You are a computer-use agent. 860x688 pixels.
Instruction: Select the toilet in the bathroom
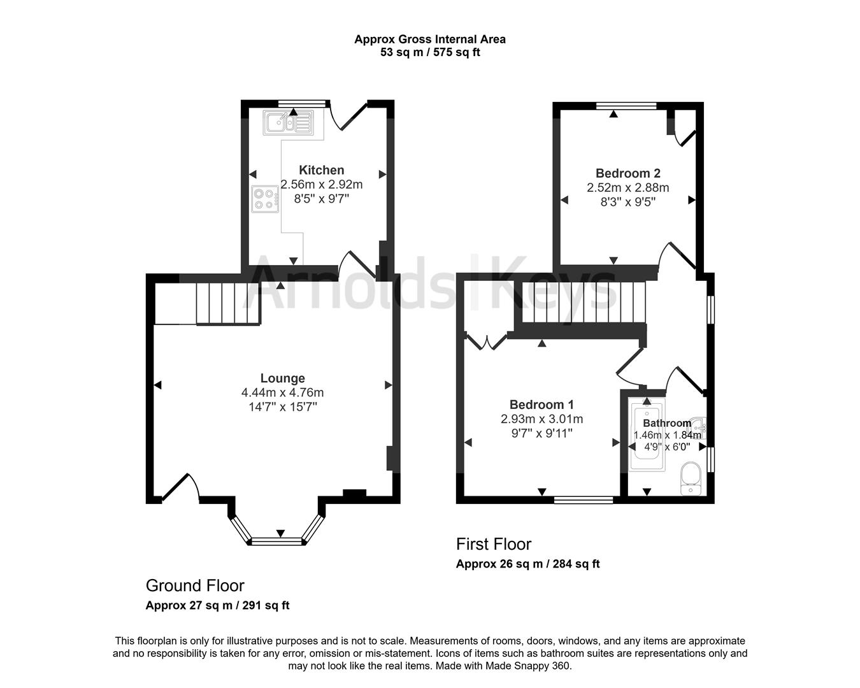point(691,479)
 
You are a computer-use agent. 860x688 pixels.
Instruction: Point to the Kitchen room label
point(322,170)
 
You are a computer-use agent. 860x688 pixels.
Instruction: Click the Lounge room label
point(282,378)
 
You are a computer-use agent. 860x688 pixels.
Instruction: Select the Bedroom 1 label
point(541,405)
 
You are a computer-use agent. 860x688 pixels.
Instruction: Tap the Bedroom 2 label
point(627,173)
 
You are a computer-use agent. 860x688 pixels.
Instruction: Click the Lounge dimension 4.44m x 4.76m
point(282,392)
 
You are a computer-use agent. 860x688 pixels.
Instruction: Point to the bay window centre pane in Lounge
point(278,541)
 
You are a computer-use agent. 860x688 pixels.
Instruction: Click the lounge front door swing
point(181,487)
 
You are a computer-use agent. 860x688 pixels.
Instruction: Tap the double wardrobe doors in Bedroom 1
point(485,341)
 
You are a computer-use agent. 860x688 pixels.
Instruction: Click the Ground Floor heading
point(195,585)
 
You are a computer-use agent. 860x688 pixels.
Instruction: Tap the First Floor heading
point(493,544)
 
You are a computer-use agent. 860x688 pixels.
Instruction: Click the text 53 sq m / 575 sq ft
point(430,52)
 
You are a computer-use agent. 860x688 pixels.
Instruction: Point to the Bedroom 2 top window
point(626,106)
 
